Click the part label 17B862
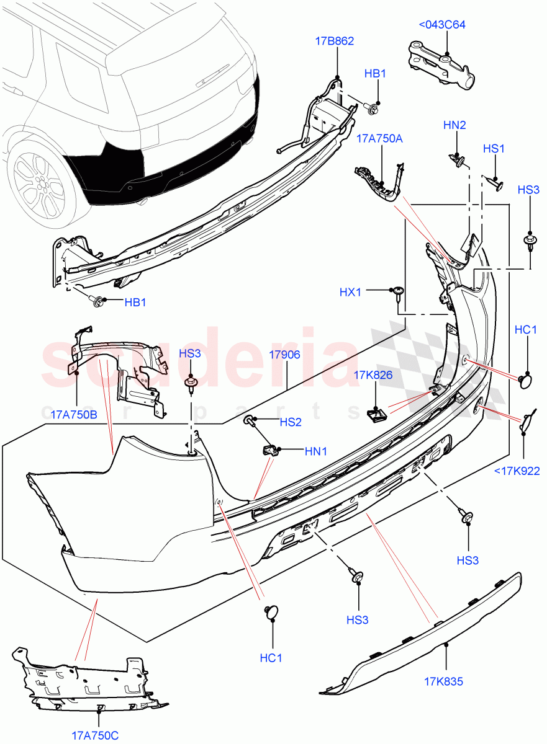pyautogui.click(x=335, y=42)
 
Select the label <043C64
pyautogui.click(x=442, y=25)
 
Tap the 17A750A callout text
pyautogui.click(x=379, y=139)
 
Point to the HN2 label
pyautogui.click(x=454, y=125)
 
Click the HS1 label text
pyautogui.click(x=494, y=149)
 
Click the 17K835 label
pyautogui.click(x=444, y=683)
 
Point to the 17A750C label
pyautogui.click(x=95, y=735)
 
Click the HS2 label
pyautogui.click(x=290, y=422)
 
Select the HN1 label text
pyautogui.click(x=315, y=452)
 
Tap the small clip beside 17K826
pyautogui.click(x=374, y=414)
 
